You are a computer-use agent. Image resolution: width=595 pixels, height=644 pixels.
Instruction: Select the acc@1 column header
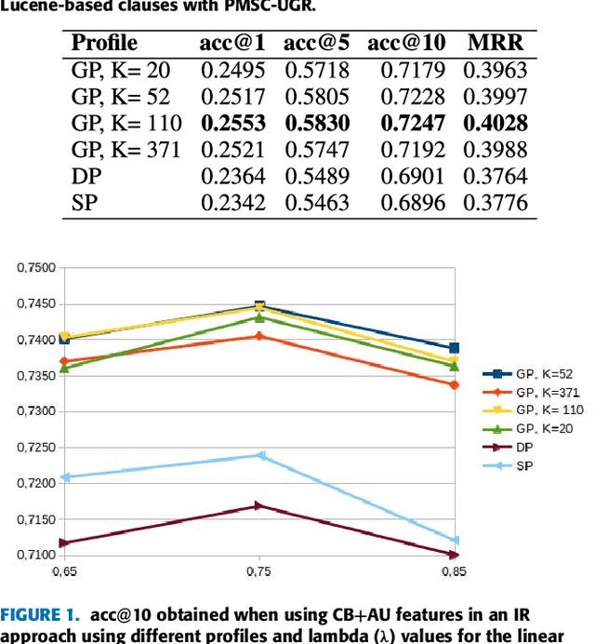pos(232,43)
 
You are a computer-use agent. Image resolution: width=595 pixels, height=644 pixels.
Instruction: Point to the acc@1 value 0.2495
pos(232,70)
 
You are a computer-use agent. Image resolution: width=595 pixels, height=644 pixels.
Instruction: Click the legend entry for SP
pos(525,463)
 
